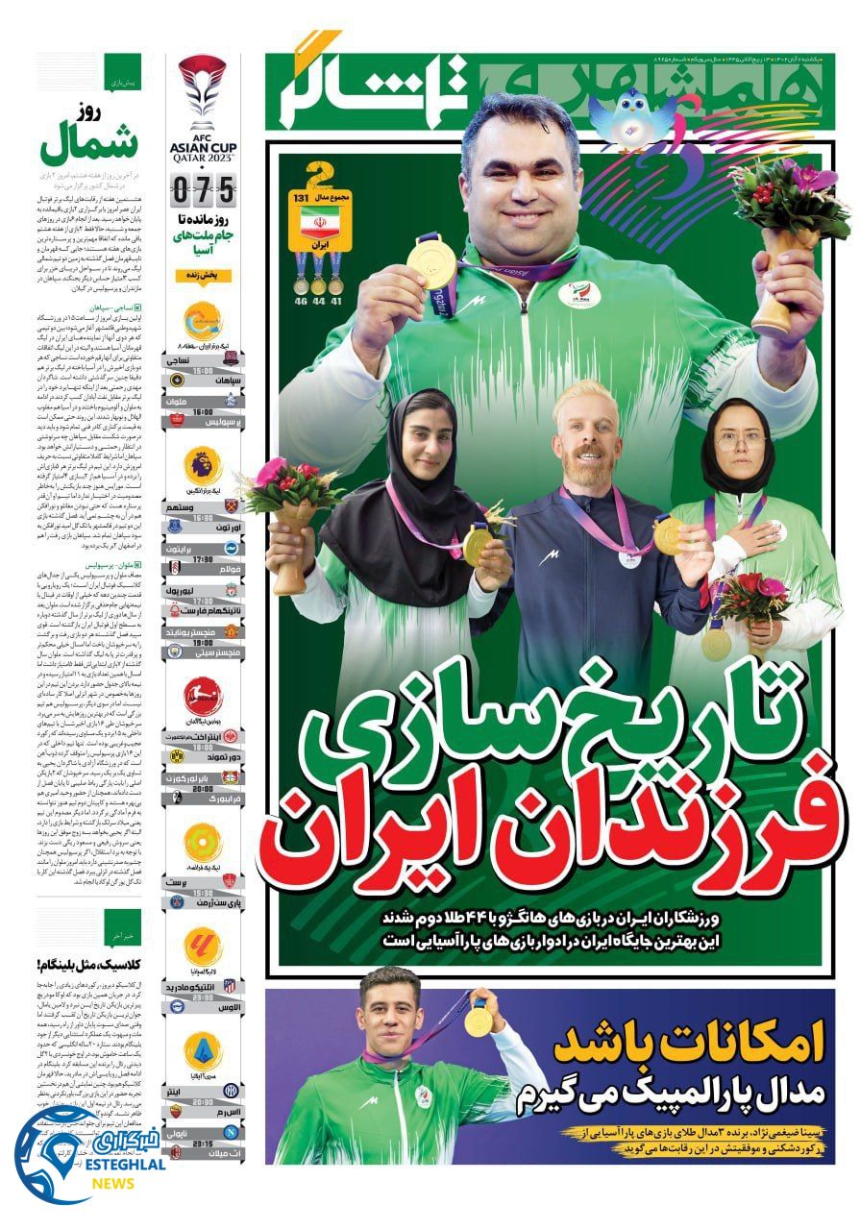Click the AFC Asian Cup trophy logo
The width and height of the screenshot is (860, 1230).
202,92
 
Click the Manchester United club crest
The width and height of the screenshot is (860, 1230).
231,631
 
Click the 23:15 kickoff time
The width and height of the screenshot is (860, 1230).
203,1144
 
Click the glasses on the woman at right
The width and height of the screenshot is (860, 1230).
739,438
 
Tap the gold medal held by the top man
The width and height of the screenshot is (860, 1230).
422,258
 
